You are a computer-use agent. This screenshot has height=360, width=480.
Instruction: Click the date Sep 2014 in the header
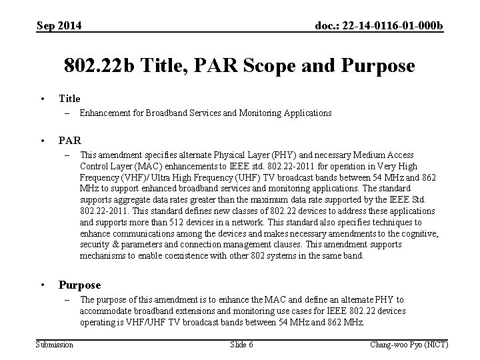pos(59,25)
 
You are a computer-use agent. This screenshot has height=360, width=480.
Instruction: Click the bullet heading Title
pos(69,98)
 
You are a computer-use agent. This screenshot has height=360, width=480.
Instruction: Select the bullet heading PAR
pos(70,141)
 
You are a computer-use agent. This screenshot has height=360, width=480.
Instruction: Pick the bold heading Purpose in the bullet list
pos(79,285)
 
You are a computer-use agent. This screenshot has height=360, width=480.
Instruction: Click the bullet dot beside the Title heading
pos(43,99)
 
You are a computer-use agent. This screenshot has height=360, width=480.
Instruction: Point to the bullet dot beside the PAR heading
pos(43,141)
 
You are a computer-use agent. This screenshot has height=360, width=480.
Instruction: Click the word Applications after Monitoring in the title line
pos(305,113)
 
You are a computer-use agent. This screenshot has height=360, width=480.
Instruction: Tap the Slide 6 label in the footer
pos(241,344)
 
